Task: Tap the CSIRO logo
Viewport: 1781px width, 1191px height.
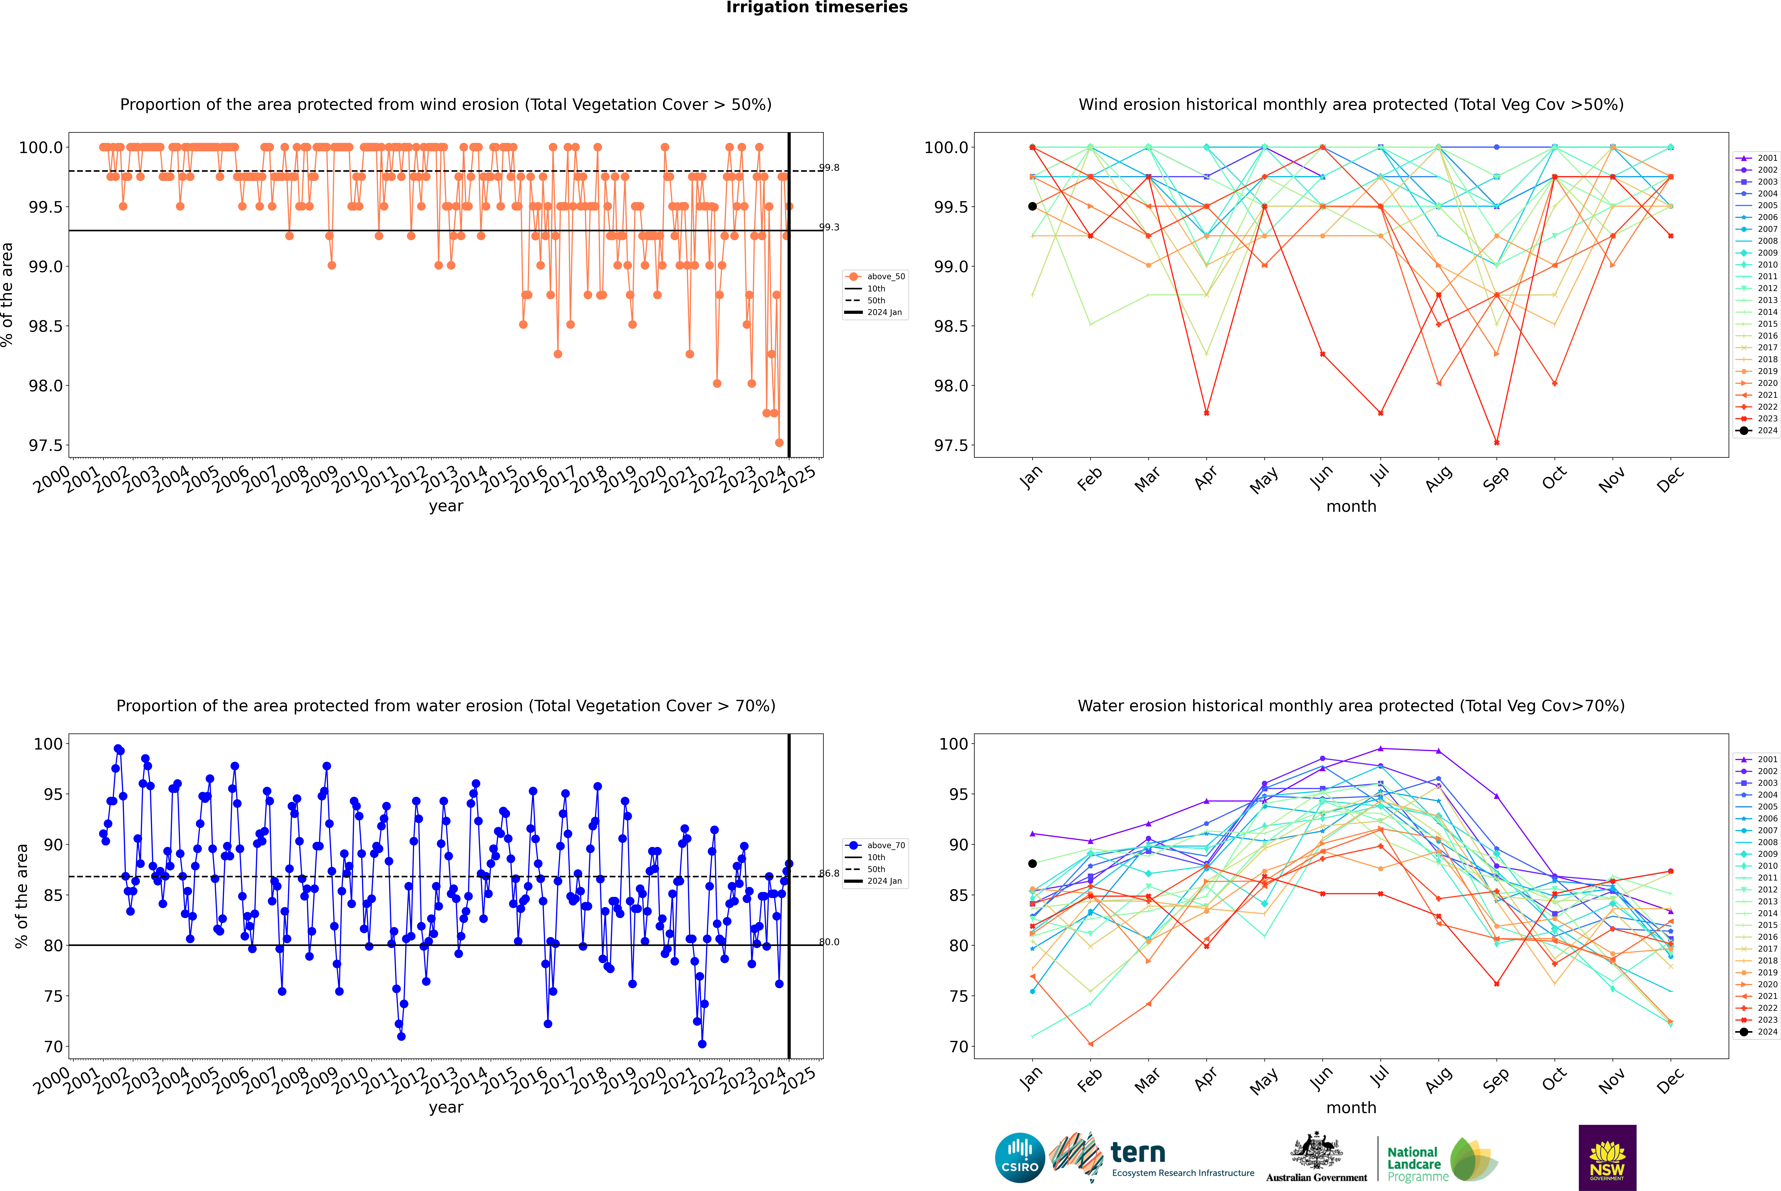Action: click(x=1020, y=1158)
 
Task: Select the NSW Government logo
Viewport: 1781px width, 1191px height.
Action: click(x=1607, y=1158)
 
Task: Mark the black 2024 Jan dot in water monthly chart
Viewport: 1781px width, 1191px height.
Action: click(x=1032, y=864)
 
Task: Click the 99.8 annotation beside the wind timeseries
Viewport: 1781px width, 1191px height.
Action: click(x=829, y=168)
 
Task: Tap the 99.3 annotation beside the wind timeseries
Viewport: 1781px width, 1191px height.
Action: click(x=829, y=227)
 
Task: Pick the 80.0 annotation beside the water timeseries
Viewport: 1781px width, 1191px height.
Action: click(x=829, y=942)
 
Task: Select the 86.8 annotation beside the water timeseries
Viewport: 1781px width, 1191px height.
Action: click(x=829, y=874)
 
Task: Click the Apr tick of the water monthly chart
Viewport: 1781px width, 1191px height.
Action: click(x=1206, y=1080)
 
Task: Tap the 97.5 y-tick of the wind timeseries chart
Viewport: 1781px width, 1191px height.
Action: click(x=46, y=445)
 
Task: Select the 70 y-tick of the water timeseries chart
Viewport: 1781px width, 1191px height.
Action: click(x=53, y=1047)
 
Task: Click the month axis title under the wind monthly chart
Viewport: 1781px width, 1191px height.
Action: click(x=1350, y=507)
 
